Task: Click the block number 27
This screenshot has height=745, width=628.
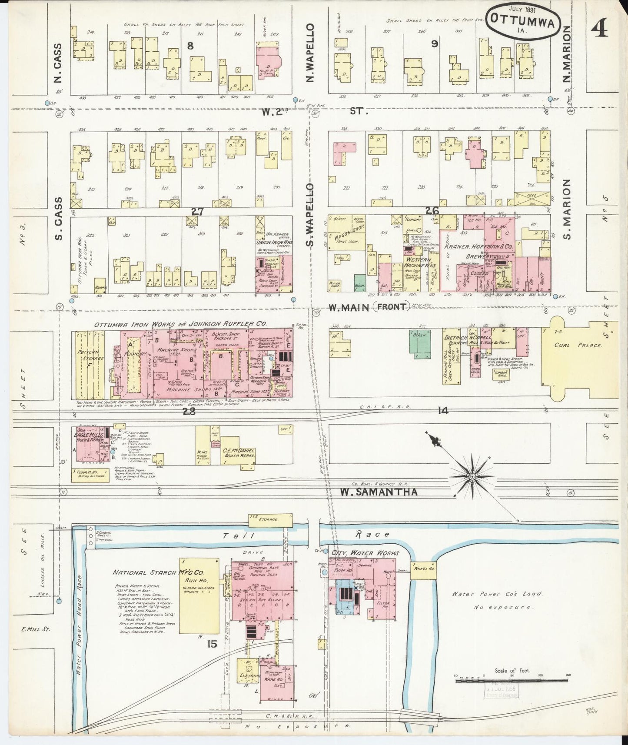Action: [x=197, y=212]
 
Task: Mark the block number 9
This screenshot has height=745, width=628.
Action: [x=434, y=44]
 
